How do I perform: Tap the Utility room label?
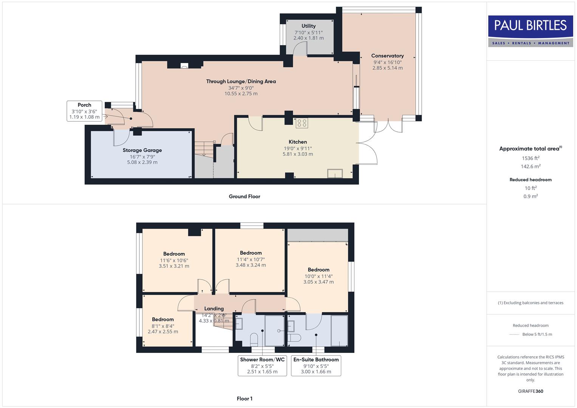coord(308,26)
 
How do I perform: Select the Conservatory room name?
coord(387,56)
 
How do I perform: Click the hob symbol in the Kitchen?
coord(302,123)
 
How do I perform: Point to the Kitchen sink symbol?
coord(335,173)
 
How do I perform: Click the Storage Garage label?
coord(142,150)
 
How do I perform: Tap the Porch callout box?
coord(84,111)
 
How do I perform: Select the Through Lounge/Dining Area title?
coord(241,81)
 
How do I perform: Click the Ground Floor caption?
coord(244,196)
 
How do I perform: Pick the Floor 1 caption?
coord(244,399)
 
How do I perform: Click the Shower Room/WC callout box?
coord(262,365)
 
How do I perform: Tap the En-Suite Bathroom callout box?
coord(316,365)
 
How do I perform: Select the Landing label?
coord(214,309)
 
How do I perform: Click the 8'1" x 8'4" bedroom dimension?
coord(163,326)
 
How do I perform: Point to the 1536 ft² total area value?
coord(531,158)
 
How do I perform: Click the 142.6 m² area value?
coord(531,167)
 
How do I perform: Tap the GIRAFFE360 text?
coord(531,391)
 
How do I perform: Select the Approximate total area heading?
coord(530,149)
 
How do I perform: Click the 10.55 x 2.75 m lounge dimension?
coord(241,94)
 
